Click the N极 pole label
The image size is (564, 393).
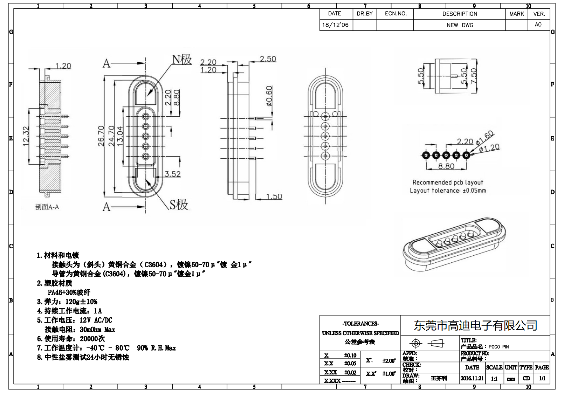coord(182,60)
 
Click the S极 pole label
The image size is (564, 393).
coord(179,205)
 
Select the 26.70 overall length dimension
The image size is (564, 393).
coord(101,136)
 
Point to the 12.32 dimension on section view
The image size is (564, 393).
coord(26,137)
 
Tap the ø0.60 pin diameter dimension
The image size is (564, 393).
coord(269,96)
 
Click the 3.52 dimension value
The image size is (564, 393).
coord(172,174)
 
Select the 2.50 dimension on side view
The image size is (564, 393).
coord(268,59)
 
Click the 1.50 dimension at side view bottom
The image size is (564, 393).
coord(274,196)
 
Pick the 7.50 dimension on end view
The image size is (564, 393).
coord(473,76)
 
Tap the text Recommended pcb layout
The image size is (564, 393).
coord(447,182)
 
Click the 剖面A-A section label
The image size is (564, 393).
coord(47,207)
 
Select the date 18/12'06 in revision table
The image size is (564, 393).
coord(335,25)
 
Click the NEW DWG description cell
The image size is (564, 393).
coord(460,25)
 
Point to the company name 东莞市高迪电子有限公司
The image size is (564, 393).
coord(475,325)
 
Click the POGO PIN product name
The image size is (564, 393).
coord(498,347)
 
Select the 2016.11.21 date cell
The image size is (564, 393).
coord(472,378)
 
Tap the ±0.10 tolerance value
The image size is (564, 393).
coord(350,356)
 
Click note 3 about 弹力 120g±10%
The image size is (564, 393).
coord(67,302)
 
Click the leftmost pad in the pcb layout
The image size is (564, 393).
coord(426,155)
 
